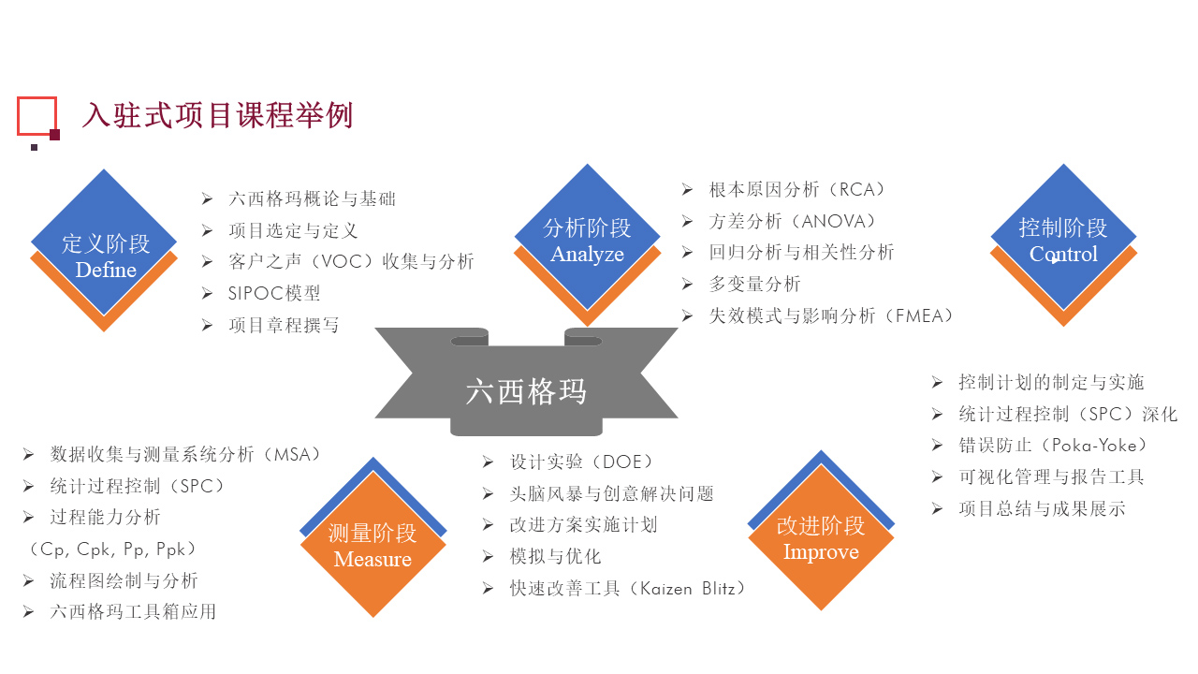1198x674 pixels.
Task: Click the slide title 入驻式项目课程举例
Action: point(217,115)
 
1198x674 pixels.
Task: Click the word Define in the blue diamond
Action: point(106,271)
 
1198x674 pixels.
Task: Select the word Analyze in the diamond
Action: point(587,255)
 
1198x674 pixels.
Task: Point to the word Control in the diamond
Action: point(1063,254)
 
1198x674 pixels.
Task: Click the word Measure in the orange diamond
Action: point(373,560)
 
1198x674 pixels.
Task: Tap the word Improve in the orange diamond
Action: point(821,552)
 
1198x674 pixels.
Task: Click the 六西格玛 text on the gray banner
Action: point(526,391)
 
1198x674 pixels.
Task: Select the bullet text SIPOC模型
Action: point(274,293)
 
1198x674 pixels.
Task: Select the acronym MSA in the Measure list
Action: point(292,455)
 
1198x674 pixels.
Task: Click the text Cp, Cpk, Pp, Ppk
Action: point(112,549)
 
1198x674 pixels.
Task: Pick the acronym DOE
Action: point(622,462)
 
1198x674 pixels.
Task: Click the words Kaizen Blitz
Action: point(688,589)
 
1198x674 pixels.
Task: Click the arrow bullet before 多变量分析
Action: point(687,284)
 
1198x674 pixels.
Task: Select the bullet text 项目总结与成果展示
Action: point(1042,508)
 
